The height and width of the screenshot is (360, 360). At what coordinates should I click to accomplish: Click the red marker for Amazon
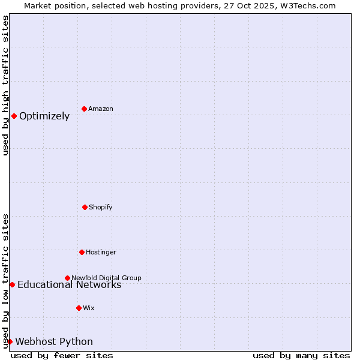(x=84, y=109)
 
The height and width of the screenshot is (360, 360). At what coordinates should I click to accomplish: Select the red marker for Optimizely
(x=14, y=116)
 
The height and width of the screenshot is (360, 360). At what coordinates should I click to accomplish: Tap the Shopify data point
(x=85, y=207)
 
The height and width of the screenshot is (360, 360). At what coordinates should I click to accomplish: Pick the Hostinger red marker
(x=82, y=252)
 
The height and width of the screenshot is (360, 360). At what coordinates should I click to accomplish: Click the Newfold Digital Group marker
(x=67, y=278)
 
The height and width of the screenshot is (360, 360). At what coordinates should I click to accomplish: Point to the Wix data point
(x=79, y=308)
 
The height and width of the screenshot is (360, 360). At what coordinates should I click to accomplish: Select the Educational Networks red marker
(x=12, y=284)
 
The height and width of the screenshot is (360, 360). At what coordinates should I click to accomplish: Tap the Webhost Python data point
(x=10, y=341)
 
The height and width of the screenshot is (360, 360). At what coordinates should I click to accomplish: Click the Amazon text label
(x=101, y=109)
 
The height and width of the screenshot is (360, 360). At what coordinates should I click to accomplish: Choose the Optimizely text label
(x=44, y=116)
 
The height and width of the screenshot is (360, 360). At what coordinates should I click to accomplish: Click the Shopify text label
(x=101, y=207)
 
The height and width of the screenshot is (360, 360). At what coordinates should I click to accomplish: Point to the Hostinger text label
(x=101, y=252)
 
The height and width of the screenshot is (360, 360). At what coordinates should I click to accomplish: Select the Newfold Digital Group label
(x=106, y=278)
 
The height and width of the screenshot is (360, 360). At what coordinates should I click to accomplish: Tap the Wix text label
(x=89, y=308)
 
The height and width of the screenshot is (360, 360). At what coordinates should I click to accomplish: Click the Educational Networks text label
(x=69, y=285)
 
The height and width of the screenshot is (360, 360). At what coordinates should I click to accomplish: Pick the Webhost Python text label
(x=54, y=342)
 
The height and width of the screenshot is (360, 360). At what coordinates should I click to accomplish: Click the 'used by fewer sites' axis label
(x=62, y=355)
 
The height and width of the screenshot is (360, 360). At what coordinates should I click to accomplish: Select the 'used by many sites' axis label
(x=301, y=355)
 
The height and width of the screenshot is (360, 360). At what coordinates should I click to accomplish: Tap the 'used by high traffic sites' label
(x=5, y=85)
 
